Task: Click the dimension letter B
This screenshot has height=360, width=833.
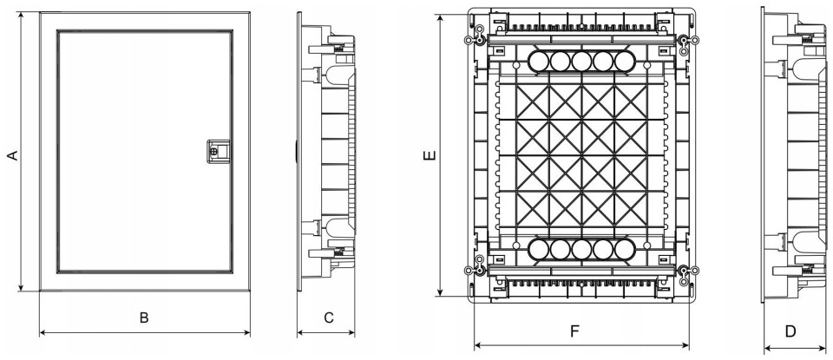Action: pyautogui.click(x=144, y=317)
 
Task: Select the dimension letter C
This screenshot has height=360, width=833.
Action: pyautogui.click(x=329, y=317)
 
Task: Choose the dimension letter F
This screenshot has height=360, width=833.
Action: pyautogui.click(x=574, y=331)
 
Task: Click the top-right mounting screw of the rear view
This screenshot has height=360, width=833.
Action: pyautogui.click(x=683, y=41)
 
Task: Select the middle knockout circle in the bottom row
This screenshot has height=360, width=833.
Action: pyautogui.click(x=580, y=252)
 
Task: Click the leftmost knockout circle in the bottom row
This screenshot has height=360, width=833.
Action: pyautogui.click(x=538, y=252)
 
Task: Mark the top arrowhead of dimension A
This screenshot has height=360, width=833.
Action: pyautogui.click(x=19, y=15)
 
